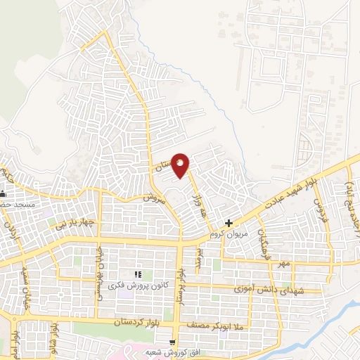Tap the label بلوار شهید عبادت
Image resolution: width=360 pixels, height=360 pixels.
click(x=290, y=192)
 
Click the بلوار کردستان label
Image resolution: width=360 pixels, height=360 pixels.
click(x=138, y=322)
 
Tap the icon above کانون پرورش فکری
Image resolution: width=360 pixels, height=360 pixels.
click(x=138, y=274)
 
